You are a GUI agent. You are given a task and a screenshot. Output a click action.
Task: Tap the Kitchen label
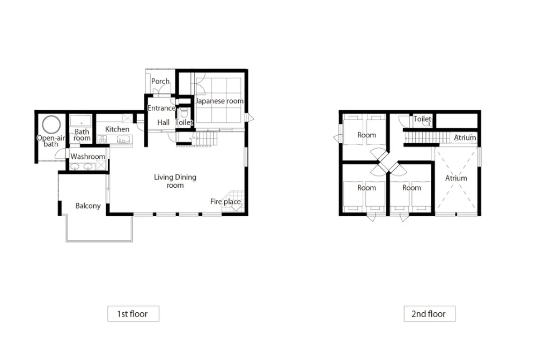pyautogui.click(x=117, y=129)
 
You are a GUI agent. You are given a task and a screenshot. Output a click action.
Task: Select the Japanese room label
pyautogui.click(x=219, y=101)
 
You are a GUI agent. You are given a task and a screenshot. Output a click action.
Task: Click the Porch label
pyautogui.click(x=160, y=81)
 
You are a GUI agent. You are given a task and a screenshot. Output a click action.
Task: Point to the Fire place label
pyautogui.click(x=225, y=201)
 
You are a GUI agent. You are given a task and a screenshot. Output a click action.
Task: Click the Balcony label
pyautogui.click(x=88, y=205)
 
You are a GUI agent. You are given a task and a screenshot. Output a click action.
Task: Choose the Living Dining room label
pyautogui.click(x=175, y=181)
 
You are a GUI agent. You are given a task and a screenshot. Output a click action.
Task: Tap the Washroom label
pyautogui.click(x=87, y=157)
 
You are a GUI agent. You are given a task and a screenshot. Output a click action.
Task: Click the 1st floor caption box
pyautogui.click(x=133, y=314)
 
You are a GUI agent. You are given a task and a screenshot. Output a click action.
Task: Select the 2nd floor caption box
pyautogui.click(x=430, y=314)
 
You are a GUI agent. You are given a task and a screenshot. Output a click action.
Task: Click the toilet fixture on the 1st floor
pyautogui.click(x=184, y=113)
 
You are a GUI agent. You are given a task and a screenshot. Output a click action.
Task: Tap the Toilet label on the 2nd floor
pyautogui.click(x=422, y=119)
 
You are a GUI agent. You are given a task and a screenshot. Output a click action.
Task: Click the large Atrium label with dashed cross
pyautogui.click(x=456, y=178)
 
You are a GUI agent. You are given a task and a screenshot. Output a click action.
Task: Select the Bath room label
pyautogui.click(x=82, y=135)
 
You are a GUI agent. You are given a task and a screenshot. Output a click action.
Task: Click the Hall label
pyautogui.click(x=164, y=122)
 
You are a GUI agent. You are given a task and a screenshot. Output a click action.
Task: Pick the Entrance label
pyautogui.click(x=161, y=108)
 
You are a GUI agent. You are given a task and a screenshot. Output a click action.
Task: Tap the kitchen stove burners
pyautogui.click(x=102, y=139)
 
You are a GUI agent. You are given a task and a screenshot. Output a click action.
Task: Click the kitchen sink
pyautogui.click(x=123, y=139)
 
